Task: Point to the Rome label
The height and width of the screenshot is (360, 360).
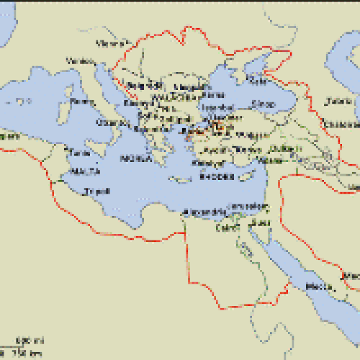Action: pyautogui.click(x=83, y=102)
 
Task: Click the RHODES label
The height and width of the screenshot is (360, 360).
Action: pyautogui.click(x=214, y=175)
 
